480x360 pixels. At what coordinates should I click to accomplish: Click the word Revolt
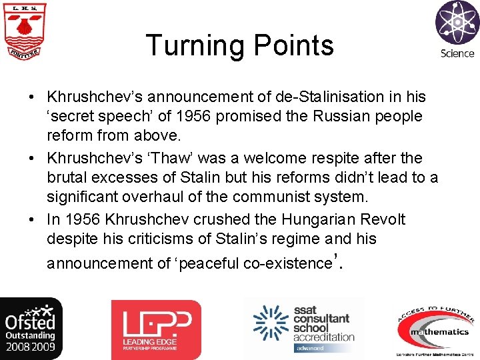click(383, 219)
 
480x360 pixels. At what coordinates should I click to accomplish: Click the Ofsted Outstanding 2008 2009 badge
click(31, 329)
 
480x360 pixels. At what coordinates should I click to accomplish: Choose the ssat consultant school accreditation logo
click(304, 329)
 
